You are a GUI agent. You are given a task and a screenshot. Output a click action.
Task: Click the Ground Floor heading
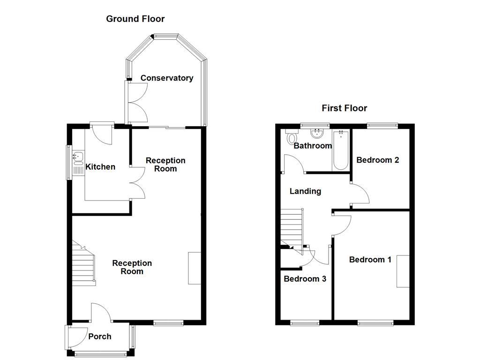[135, 19]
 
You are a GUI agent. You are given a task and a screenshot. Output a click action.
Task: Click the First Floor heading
[344, 108]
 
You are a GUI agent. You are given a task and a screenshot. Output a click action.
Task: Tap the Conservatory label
[166, 78]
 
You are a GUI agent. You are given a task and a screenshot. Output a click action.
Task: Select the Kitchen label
[100, 167]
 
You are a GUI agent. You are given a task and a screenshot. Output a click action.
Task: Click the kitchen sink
[77, 157]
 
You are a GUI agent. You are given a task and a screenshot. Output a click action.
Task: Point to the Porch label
[100, 337]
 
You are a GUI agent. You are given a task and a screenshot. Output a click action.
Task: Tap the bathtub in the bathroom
[340, 150]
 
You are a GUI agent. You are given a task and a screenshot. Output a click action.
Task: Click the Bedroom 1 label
[370, 260]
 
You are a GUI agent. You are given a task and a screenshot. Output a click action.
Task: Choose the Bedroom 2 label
[377, 160]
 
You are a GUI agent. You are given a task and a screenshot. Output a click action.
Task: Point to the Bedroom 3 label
[305, 279]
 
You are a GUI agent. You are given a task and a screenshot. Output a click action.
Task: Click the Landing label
[305, 191]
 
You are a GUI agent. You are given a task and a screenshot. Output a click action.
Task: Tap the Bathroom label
[313, 146]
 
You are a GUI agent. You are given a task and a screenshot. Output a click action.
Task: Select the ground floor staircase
[83, 265]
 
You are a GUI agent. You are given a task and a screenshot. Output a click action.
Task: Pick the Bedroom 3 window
[304, 322]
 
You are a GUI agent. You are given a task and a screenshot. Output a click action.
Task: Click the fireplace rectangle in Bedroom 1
[403, 271]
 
